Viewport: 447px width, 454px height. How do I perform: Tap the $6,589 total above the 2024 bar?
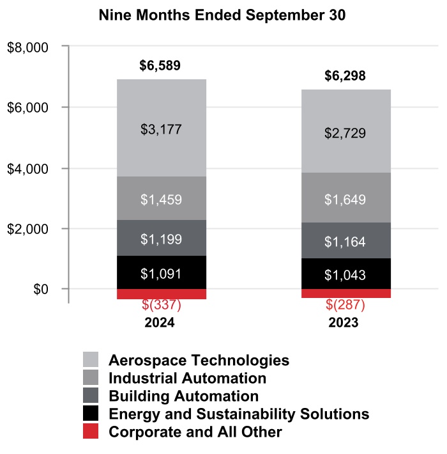pyautogui.click(x=160, y=65)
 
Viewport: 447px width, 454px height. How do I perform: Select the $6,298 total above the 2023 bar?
pyautogui.click(x=345, y=77)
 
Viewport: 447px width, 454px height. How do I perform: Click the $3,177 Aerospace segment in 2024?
pyautogui.click(x=161, y=129)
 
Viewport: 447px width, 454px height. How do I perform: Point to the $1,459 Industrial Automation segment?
pyautogui.click(x=161, y=199)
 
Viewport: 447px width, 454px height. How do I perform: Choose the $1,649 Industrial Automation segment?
pyautogui.click(x=345, y=200)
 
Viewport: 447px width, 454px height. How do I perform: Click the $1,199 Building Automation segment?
pyautogui.click(x=161, y=239)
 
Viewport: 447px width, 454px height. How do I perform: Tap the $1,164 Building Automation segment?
pyautogui.click(x=345, y=242)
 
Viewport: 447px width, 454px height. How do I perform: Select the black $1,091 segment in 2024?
pyautogui.click(x=161, y=274)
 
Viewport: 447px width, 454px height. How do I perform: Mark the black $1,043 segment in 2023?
pyautogui.click(x=345, y=274)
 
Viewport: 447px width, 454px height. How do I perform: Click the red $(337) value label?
pyautogui.click(x=161, y=305)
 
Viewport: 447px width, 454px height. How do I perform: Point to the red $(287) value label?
pyautogui.click(x=345, y=305)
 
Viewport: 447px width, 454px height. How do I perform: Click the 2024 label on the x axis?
pyautogui.click(x=160, y=323)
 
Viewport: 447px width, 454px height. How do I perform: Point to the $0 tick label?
pyautogui.click(x=42, y=290)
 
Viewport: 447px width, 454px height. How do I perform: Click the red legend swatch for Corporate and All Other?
pyautogui.click(x=91, y=432)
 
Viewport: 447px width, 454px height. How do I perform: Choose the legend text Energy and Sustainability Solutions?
pyautogui.click(x=239, y=414)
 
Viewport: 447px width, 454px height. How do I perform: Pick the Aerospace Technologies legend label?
pyautogui.click(x=199, y=359)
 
